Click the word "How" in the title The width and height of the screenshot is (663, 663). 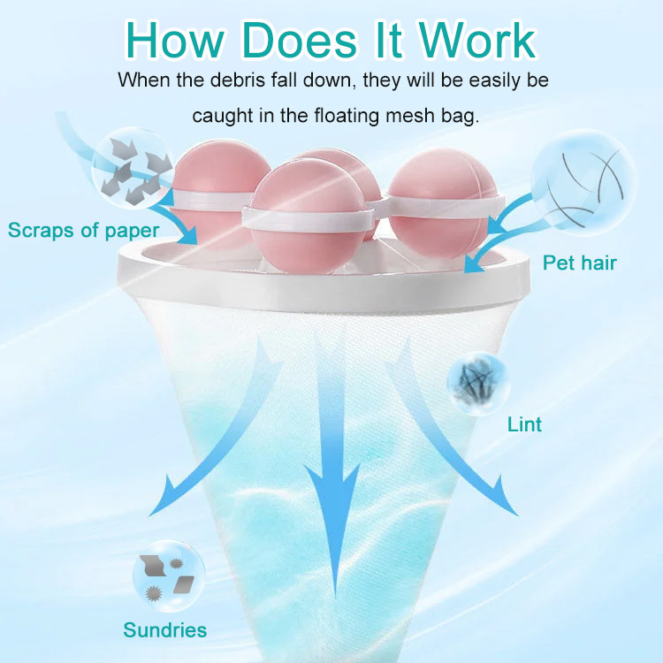point(174,40)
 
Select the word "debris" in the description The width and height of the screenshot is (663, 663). point(232,80)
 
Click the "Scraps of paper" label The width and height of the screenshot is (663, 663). point(84,231)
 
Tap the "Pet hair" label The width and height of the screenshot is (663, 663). point(580,263)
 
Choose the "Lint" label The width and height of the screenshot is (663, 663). point(524,424)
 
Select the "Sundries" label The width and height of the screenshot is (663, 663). point(165,630)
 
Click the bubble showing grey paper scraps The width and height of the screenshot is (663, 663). point(133,168)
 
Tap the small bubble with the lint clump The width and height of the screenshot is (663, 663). point(478,383)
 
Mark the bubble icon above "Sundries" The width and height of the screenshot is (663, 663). point(169,575)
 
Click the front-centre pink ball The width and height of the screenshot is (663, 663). point(308,217)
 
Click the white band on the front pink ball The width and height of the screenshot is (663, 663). point(308,220)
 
